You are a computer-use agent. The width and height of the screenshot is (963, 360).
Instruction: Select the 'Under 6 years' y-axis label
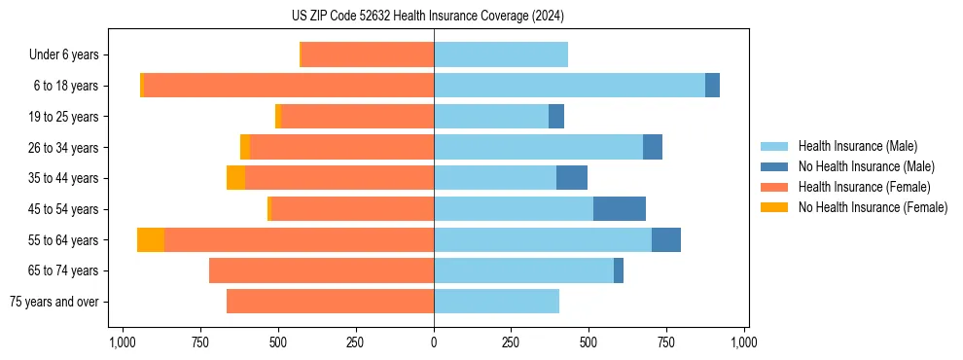(63, 54)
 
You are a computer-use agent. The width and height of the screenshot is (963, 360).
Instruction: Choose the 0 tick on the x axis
(434, 342)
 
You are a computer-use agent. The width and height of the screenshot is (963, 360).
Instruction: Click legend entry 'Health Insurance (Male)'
(857, 146)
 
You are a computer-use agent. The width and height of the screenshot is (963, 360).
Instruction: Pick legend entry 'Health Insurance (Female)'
(864, 187)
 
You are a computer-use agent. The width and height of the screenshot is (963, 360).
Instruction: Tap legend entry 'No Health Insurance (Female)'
(873, 207)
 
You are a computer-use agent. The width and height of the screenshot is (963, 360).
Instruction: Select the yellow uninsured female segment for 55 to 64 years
(151, 239)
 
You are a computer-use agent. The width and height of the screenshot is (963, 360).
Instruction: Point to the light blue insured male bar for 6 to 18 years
(569, 86)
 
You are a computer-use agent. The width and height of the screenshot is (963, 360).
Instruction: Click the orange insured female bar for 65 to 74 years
(321, 270)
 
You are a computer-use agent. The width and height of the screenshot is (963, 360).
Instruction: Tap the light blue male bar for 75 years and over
(496, 302)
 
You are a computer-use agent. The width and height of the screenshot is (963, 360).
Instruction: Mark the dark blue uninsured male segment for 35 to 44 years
(572, 178)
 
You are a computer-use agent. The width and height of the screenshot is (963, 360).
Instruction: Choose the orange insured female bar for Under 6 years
(368, 54)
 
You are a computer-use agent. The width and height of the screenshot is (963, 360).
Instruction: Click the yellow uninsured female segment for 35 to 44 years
(235, 178)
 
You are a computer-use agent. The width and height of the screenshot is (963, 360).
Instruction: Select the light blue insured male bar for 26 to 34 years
(538, 147)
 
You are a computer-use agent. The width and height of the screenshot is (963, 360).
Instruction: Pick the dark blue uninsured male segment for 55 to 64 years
(666, 239)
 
